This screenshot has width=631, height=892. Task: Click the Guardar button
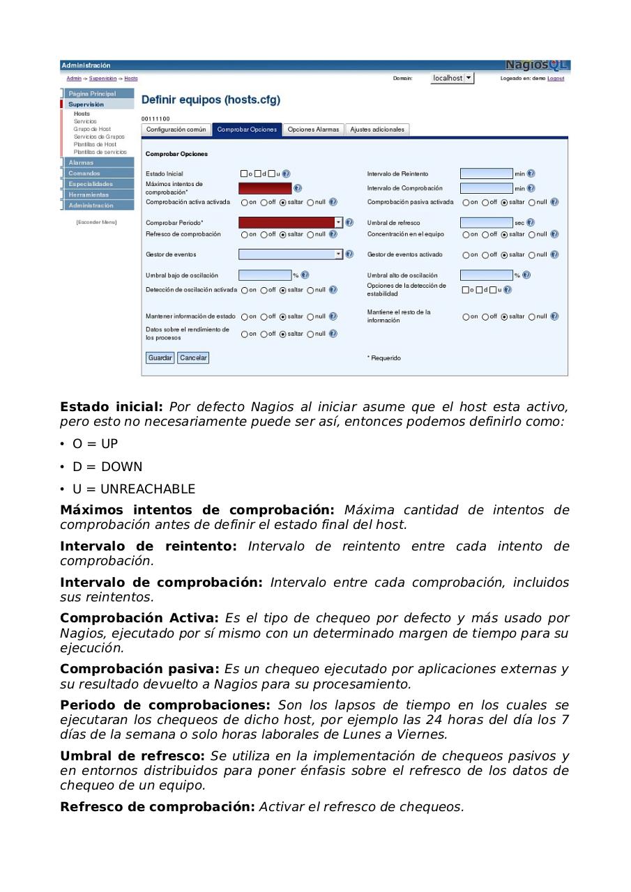point(160,357)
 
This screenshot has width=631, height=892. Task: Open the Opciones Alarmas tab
point(313,130)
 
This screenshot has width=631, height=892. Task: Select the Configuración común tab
point(176,130)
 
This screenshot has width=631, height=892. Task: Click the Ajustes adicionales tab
point(377,130)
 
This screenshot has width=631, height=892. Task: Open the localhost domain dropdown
point(469,78)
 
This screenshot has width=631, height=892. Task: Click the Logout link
point(556,79)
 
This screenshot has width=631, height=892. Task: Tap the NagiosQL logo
point(536,66)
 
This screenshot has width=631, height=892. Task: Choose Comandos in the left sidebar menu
point(84,174)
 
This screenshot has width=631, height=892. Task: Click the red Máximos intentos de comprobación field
point(265,188)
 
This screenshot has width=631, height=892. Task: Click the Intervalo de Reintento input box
point(486,174)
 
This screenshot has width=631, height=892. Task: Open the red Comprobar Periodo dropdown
point(339,222)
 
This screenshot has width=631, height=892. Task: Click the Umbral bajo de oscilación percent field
point(265,275)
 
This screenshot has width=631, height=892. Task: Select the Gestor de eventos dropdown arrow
point(339,254)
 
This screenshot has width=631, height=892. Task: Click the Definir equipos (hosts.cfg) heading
point(211,100)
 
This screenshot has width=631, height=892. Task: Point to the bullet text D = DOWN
point(107,466)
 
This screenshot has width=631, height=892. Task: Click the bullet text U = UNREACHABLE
point(133,489)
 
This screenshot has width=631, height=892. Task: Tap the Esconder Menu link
point(96,222)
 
